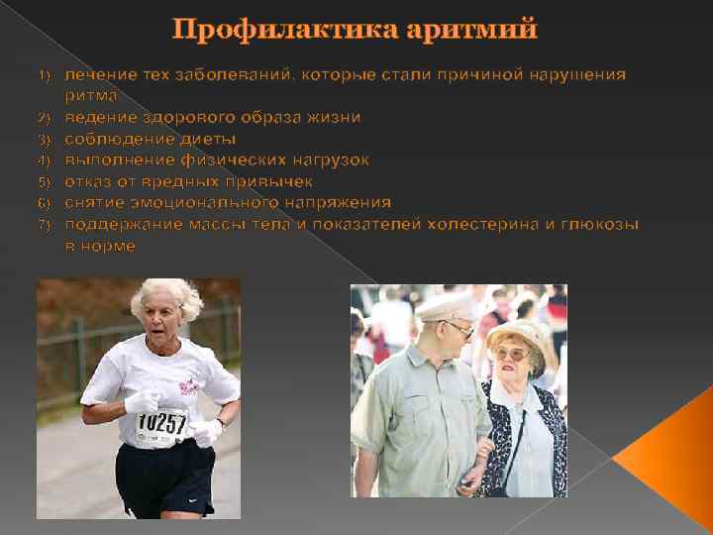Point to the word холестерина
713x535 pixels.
click(482, 225)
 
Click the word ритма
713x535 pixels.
click(91, 96)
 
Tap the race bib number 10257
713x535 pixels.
click(161, 424)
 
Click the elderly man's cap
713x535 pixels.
click(447, 306)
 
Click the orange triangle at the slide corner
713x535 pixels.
click(673, 466)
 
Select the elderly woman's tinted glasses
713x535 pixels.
click(510, 354)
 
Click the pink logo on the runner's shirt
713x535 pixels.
click(189, 384)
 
